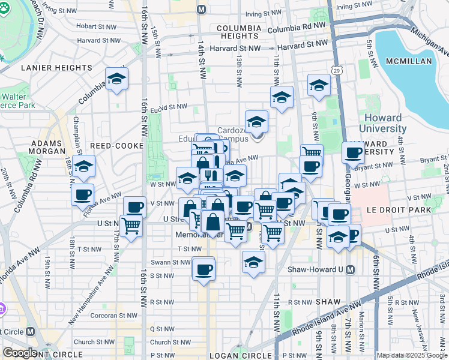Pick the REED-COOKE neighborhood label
coord(117,146)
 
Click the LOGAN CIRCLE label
coord(240,356)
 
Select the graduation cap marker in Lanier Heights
coord(116,79)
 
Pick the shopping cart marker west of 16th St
coord(131,226)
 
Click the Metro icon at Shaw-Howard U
coord(349,269)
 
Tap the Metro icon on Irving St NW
coord(200,10)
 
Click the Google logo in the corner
coord(20,353)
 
